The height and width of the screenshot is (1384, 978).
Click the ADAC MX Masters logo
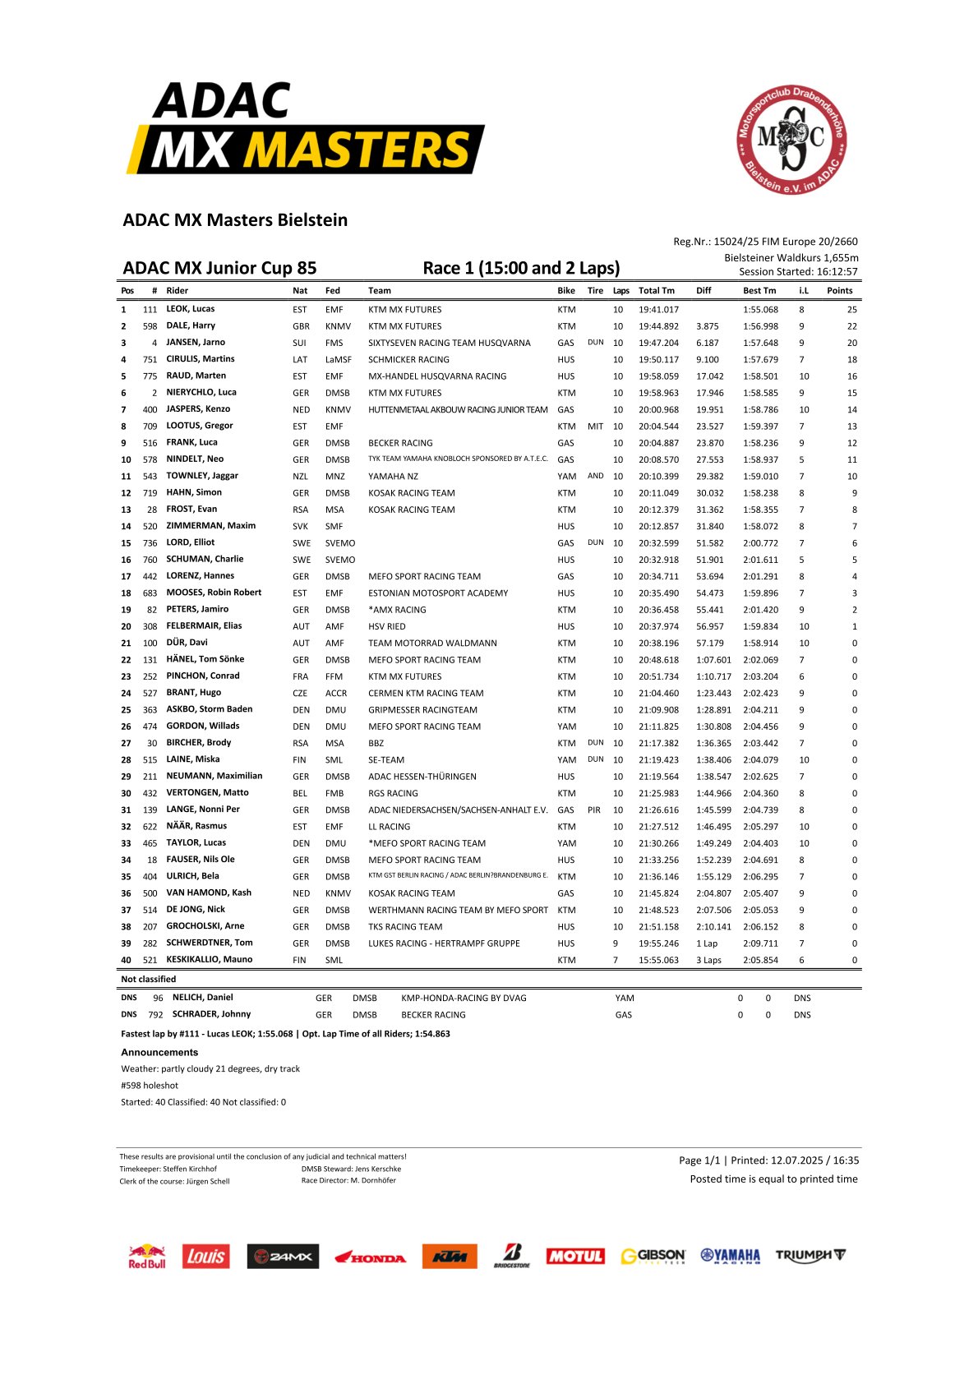coord(305,128)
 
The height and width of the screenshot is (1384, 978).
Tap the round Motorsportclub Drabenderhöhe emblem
coord(791,140)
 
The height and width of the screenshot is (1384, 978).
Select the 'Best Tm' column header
coord(759,291)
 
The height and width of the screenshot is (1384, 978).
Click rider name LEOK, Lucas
coord(190,309)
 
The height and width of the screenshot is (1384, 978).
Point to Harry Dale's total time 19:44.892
coord(658,326)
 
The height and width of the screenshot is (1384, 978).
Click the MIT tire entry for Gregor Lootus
coord(595,427)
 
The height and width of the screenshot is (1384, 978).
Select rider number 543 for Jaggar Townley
coord(150,477)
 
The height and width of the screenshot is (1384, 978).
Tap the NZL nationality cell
coord(301,477)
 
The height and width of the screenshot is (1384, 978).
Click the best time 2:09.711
coord(760,943)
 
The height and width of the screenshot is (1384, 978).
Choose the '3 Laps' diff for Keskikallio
coord(708,960)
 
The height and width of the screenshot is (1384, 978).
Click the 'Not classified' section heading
coord(148,980)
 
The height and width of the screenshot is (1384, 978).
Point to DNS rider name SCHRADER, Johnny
coord(211,1014)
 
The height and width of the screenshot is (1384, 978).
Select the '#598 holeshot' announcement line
coord(150,1086)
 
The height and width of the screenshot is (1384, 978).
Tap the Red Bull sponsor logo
coord(146,1257)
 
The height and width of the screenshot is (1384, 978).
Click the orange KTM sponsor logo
coord(450,1256)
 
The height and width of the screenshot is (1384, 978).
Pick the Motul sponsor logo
coord(575,1256)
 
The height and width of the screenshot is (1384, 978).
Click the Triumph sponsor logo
coord(810,1256)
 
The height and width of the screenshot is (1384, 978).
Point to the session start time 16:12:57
coord(833,272)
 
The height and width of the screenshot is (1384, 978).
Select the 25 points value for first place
coord(851,310)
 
